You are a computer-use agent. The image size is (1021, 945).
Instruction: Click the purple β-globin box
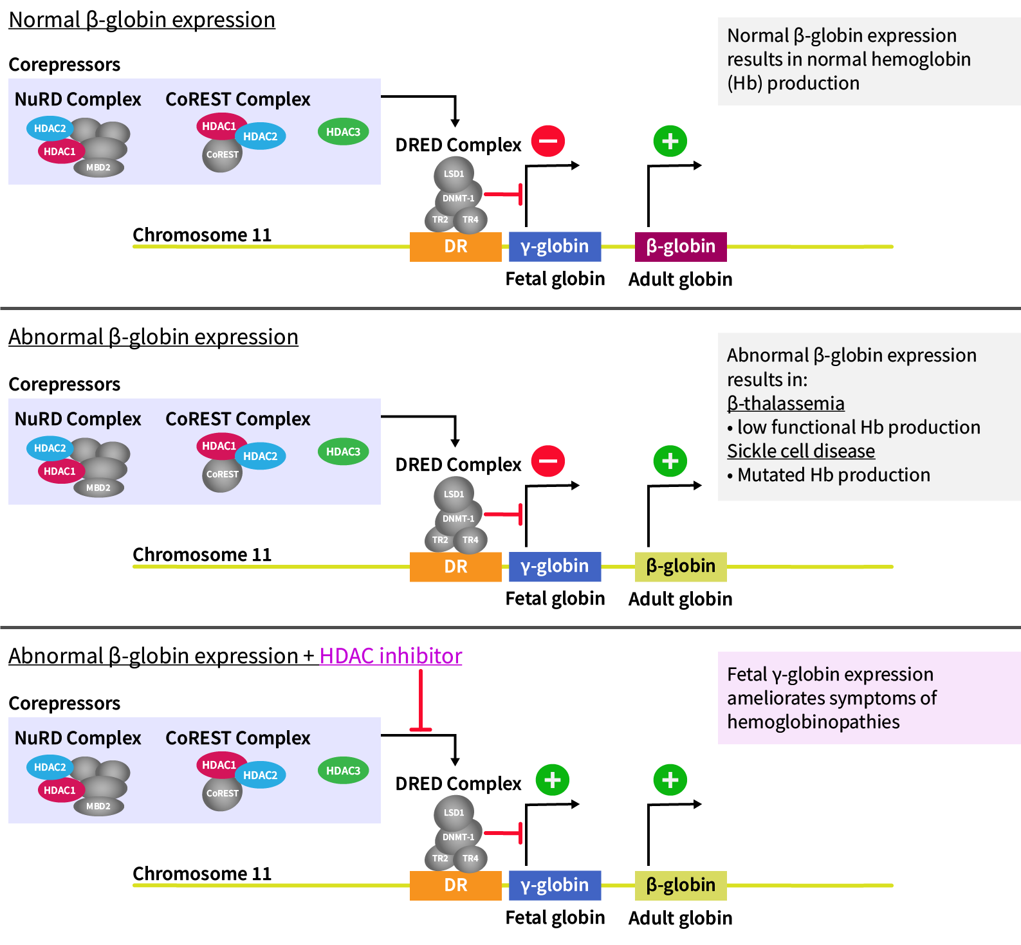(x=681, y=246)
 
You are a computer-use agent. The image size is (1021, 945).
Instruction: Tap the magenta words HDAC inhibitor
(x=391, y=656)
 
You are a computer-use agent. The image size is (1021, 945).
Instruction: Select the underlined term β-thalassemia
(x=786, y=403)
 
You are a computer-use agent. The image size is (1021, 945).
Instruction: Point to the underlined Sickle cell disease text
(x=800, y=451)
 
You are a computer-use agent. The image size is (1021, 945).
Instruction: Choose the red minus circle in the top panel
(x=548, y=141)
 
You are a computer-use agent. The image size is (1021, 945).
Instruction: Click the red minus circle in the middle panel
(x=548, y=461)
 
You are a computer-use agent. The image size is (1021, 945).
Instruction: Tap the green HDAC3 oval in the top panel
(x=343, y=132)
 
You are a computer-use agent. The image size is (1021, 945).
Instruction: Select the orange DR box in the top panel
(x=455, y=246)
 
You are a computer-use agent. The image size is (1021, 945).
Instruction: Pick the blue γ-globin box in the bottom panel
(x=555, y=885)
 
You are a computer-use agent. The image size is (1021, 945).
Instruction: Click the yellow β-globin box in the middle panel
(x=681, y=566)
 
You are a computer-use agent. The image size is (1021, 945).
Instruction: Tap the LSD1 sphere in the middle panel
(x=454, y=494)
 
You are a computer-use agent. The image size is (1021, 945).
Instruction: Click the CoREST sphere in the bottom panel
(x=222, y=793)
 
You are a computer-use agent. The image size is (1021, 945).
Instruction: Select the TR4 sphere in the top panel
(x=470, y=219)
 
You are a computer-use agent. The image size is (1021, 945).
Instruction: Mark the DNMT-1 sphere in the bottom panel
(x=458, y=837)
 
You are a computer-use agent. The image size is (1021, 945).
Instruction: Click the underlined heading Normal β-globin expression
(x=142, y=20)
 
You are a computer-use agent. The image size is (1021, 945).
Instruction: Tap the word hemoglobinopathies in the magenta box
(x=813, y=722)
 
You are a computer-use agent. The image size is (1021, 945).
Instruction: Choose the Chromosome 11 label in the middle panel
(x=202, y=555)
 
